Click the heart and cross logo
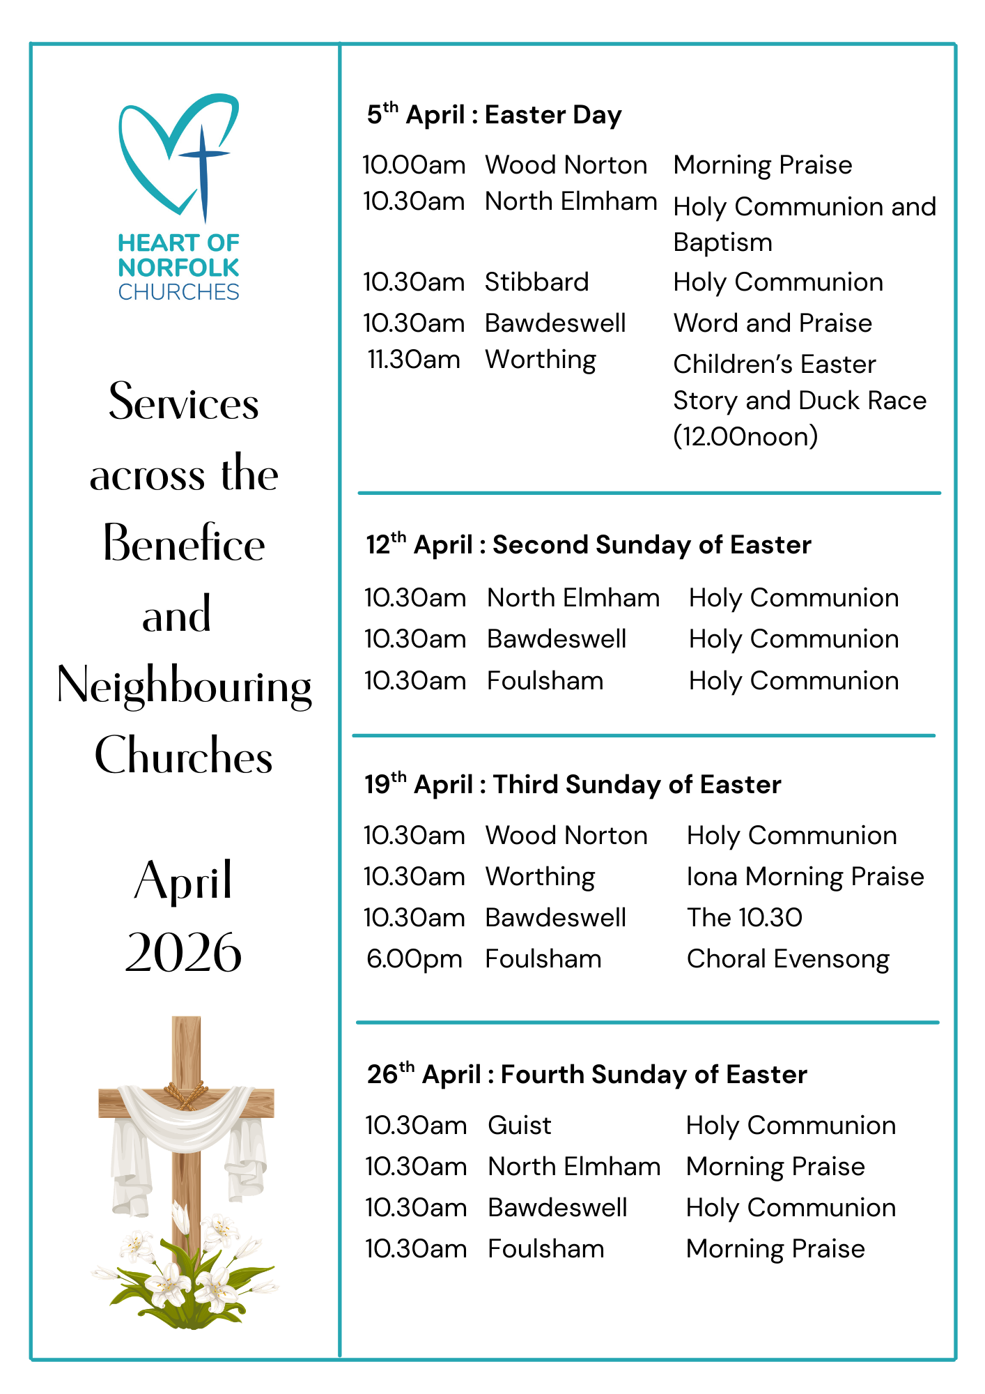(180, 157)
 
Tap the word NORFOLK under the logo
(178, 268)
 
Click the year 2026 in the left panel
(183, 952)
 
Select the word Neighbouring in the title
(184, 686)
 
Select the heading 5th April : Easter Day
(494, 114)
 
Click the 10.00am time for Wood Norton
(414, 165)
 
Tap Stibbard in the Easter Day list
(536, 282)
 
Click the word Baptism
(722, 243)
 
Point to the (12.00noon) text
(745, 437)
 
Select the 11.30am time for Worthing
(414, 360)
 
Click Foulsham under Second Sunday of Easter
(545, 681)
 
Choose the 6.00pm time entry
(414, 959)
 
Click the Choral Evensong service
(787, 959)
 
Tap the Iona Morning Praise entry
(805, 877)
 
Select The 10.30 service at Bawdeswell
(744, 918)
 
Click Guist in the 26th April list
(519, 1126)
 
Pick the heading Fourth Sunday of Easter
(653, 1075)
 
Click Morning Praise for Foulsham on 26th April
(775, 1249)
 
